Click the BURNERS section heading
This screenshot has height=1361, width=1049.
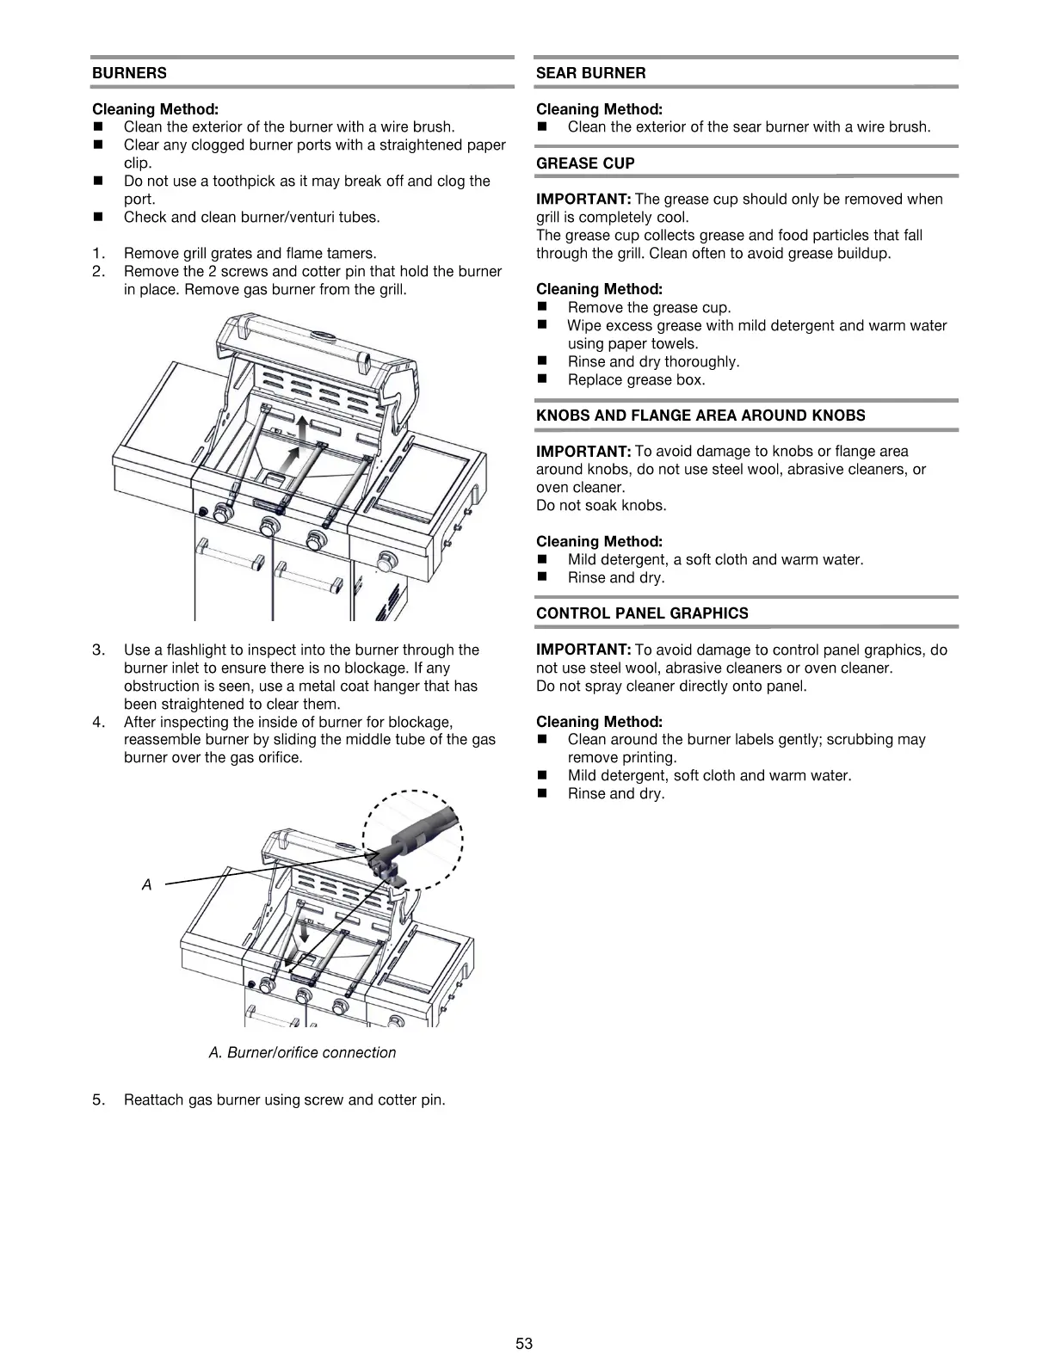pyautogui.click(x=129, y=73)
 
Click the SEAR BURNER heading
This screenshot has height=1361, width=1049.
pyautogui.click(x=590, y=73)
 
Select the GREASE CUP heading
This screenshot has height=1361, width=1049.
pyautogui.click(x=584, y=163)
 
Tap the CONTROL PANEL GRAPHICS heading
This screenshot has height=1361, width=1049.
pyautogui.click(x=642, y=613)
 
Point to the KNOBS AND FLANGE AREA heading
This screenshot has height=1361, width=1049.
pyautogui.click(x=700, y=416)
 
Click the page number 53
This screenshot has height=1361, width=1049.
pyautogui.click(x=524, y=1343)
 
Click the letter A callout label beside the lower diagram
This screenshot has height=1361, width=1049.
pyautogui.click(x=146, y=884)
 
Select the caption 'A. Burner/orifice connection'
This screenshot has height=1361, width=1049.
pyautogui.click(x=302, y=1052)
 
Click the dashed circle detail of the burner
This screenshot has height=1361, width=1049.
pyautogui.click(x=413, y=839)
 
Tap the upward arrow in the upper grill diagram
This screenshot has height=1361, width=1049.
pyautogui.click(x=301, y=428)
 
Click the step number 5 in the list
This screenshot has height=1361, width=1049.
pyautogui.click(x=98, y=1099)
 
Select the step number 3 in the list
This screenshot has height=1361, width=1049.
pyautogui.click(x=98, y=650)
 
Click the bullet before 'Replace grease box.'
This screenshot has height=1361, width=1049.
pyautogui.click(x=542, y=379)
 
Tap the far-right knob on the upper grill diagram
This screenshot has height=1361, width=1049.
pyautogui.click(x=389, y=562)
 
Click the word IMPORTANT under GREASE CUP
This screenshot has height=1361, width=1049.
pyautogui.click(x=583, y=199)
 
